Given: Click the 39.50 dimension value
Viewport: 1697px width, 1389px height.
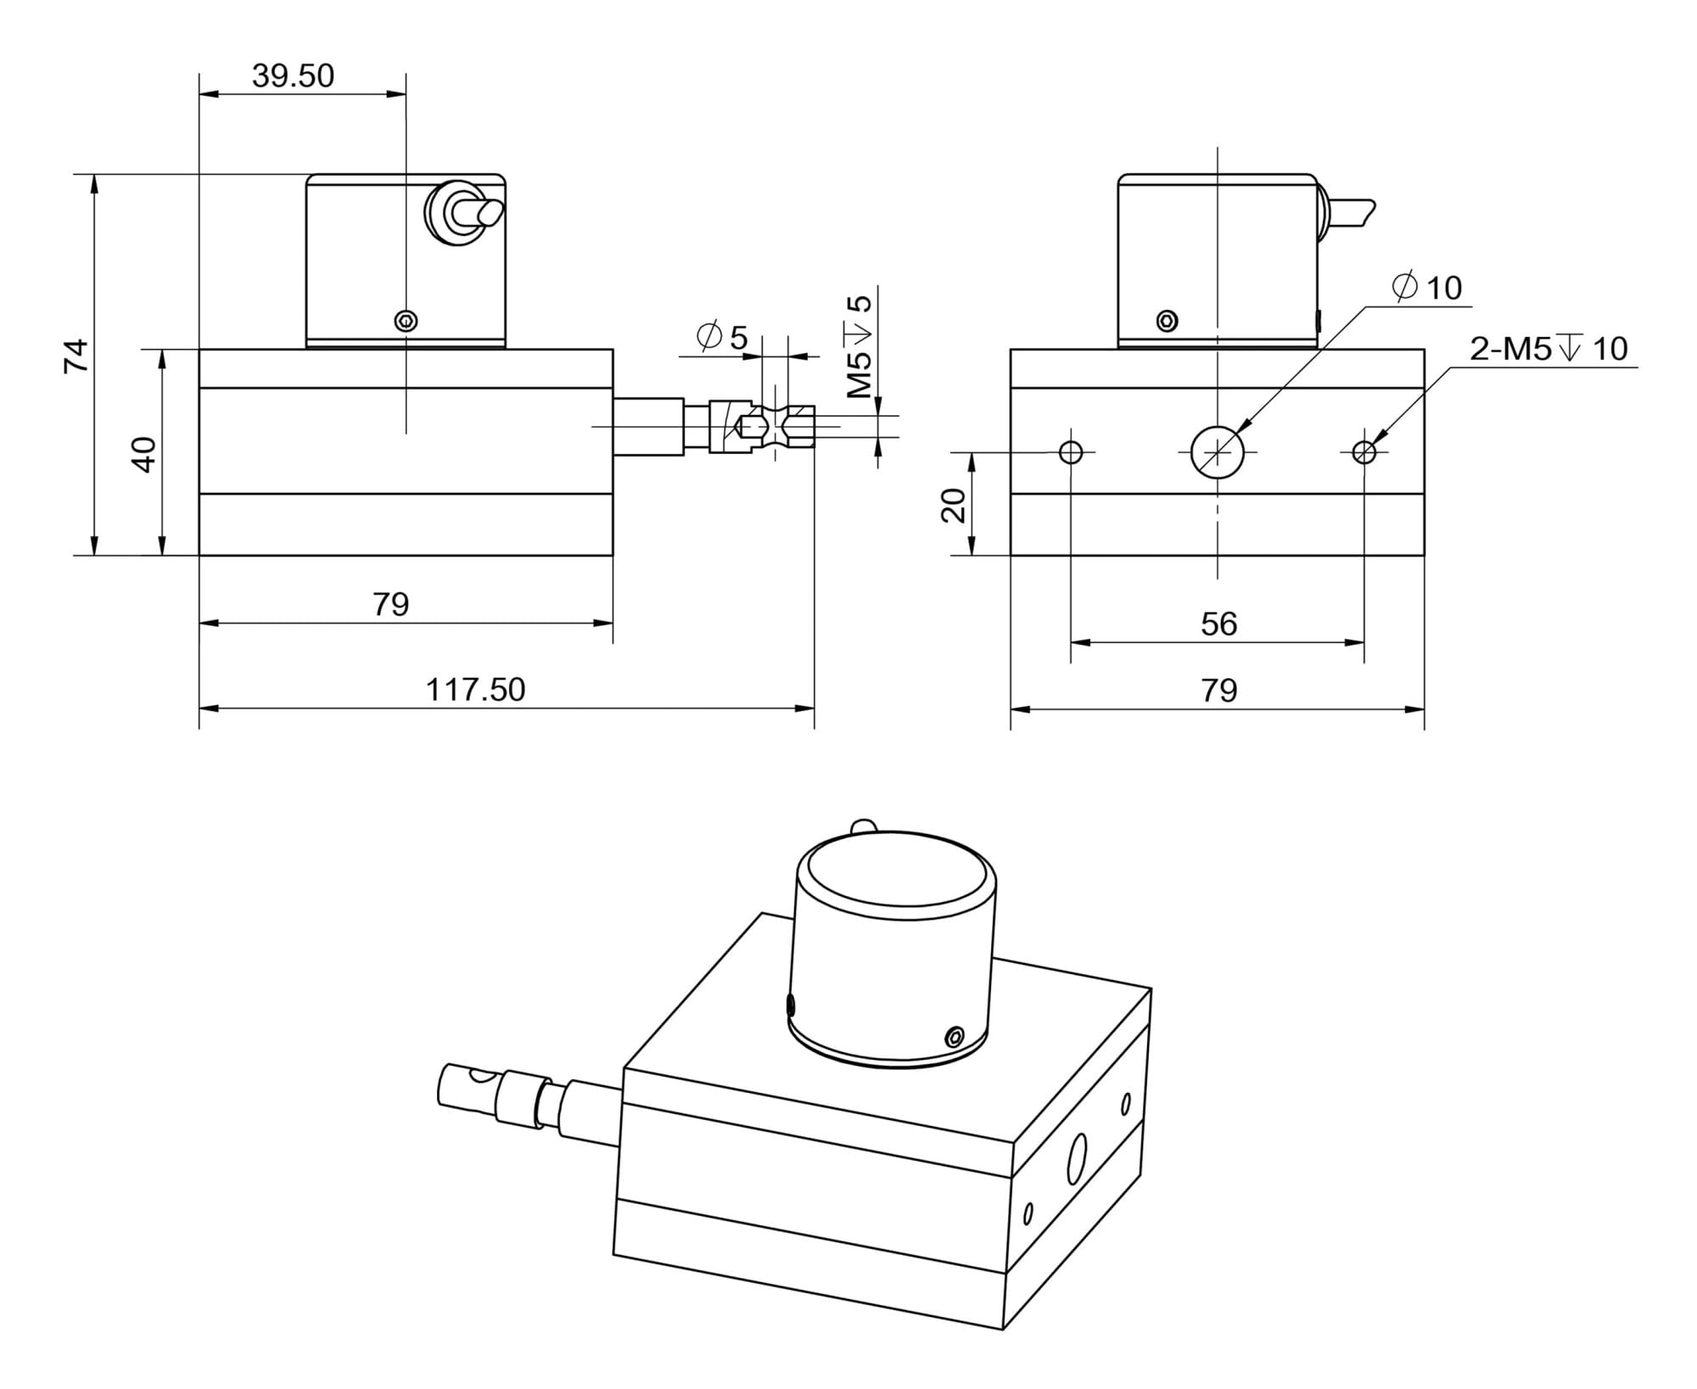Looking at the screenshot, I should click(x=294, y=76).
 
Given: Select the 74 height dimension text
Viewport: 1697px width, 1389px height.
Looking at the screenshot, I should click(x=76, y=356).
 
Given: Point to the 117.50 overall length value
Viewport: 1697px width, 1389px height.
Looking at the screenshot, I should click(x=475, y=689).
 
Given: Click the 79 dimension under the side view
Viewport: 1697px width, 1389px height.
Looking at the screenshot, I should click(x=390, y=604).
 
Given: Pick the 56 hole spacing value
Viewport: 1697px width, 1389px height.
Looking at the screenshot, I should click(x=1218, y=624).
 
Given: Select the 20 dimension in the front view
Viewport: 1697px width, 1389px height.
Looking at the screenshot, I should click(x=955, y=505).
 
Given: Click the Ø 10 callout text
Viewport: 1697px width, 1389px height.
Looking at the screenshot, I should click(x=1428, y=288).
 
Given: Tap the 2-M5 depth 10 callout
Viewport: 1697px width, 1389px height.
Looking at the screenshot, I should click(x=1549, y=349).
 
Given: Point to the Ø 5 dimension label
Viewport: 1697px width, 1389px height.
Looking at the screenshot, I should click(x=722, y=337).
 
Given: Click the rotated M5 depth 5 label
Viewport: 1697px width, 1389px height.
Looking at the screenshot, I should click(x=860, y=346).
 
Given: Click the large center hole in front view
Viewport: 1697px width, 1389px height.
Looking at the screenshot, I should click(x=1217, y=452).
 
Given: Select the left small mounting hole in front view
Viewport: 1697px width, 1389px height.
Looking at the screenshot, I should click(x=1071, y=452).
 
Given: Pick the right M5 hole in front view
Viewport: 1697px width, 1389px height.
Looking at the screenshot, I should click(x=1364, y=452).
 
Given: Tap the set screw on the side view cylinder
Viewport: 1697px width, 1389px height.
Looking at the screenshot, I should click(x=406, y=321).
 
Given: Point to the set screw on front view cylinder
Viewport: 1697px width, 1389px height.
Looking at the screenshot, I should click(x=1168, y=321).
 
